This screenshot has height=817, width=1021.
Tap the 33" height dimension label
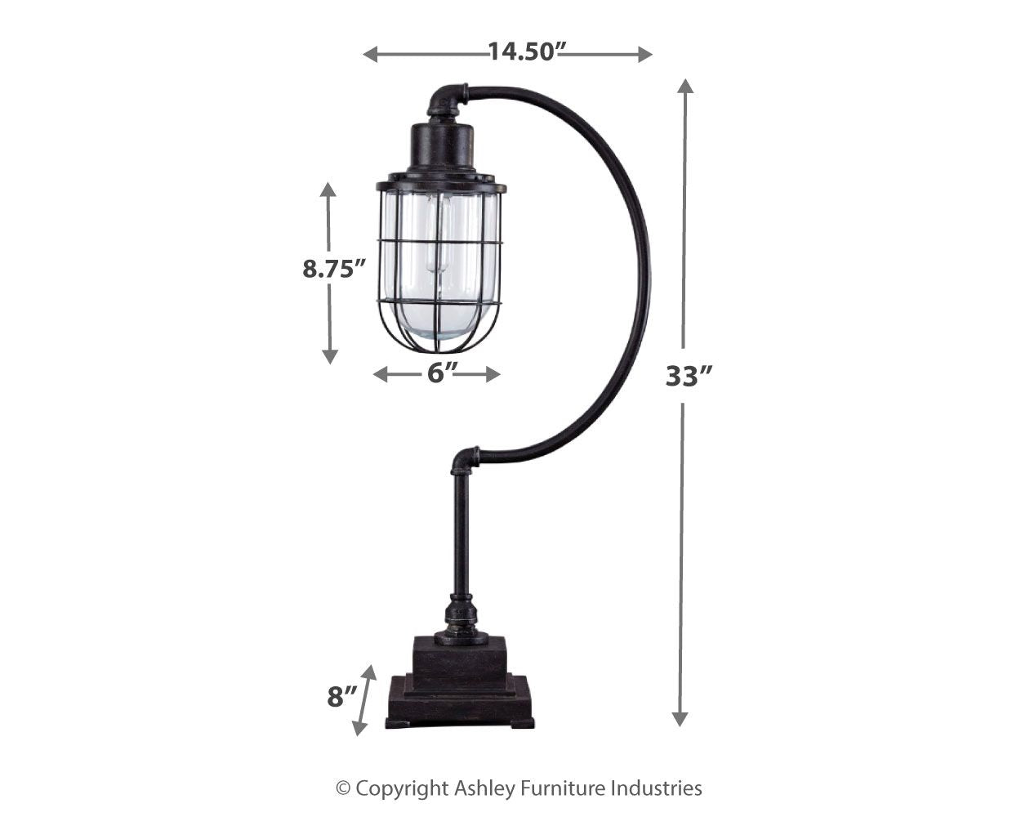[x=689, y=376]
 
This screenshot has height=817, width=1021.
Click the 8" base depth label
[x=342, y=697]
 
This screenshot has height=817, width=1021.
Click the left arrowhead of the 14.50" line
[x=370, y=54]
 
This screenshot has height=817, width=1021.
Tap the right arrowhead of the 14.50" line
[x=645, y=54]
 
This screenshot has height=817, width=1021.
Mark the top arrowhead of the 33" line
[x=684, y=87]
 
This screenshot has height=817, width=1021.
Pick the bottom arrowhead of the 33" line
[x=680, y=718]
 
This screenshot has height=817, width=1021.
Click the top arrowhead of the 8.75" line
[x=328, y=190]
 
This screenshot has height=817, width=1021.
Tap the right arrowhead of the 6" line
[x=493, y=374]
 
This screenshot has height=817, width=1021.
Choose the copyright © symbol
[x=343, y=788]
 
